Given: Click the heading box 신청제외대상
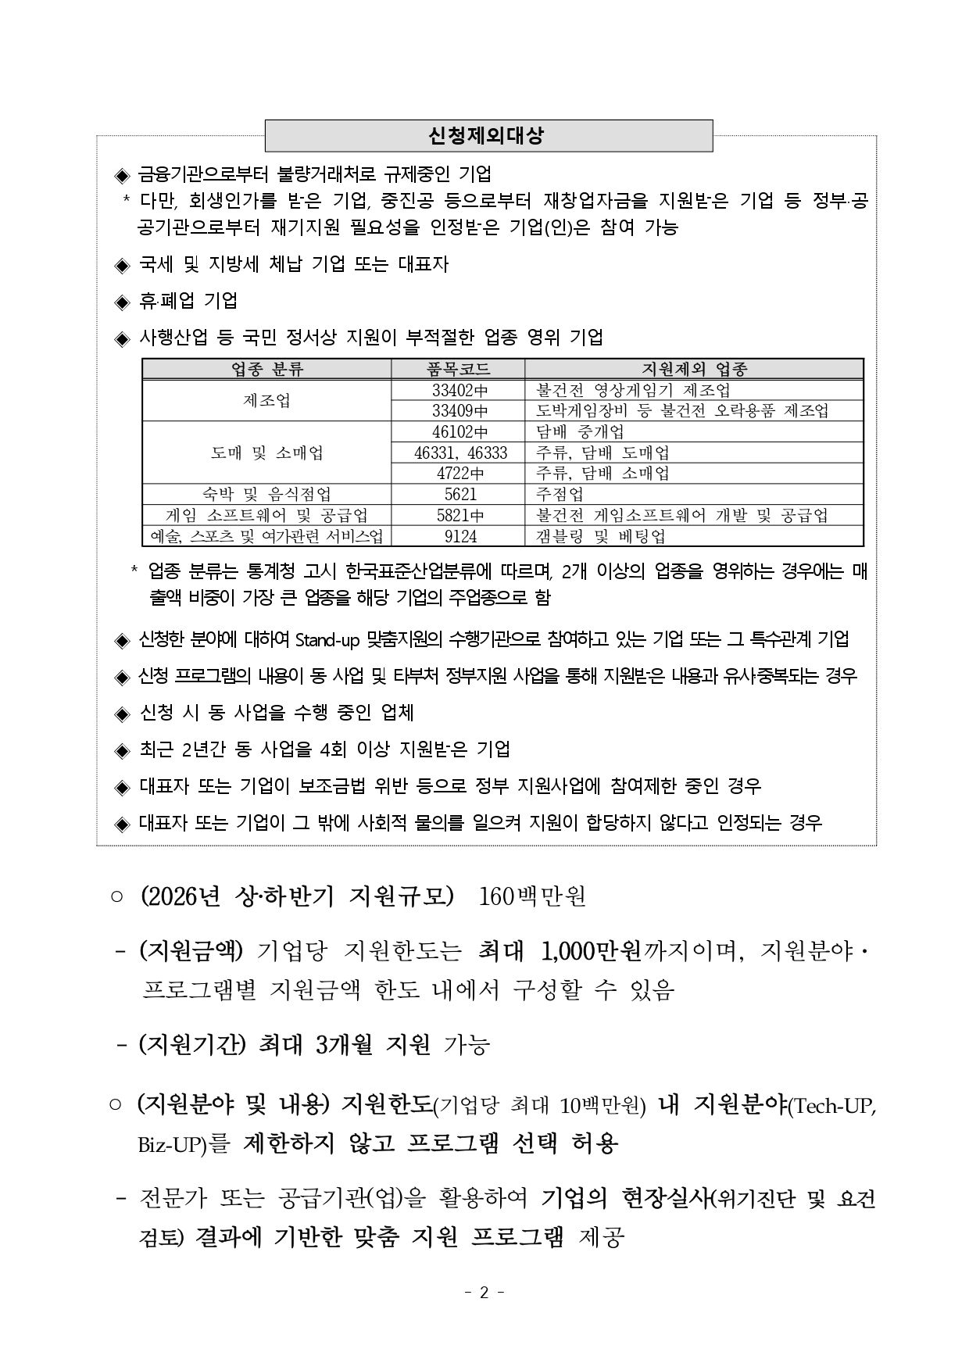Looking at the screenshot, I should click(x=488, y=135).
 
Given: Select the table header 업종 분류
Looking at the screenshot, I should click(x=266, y=369).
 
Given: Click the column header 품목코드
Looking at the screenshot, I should click(x=458, y=369).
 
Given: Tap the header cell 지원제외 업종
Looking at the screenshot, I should click(x=694, y=369).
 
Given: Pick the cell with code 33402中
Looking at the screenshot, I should click(x=458, y=390).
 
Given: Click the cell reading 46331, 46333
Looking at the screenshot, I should click(x=459, y=452).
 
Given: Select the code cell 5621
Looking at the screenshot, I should click(x=459, y=494).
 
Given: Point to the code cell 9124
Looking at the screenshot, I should click(x=459, y=536).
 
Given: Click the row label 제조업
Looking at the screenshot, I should click(x=266, y=400).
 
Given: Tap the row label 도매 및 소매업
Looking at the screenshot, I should click(x=266, y=452).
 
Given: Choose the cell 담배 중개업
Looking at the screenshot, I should click(x=580, y=431).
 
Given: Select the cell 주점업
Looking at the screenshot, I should click(x=560, y=494).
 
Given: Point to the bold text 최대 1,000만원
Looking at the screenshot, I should click(x=559, y=952).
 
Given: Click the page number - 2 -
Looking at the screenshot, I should click(x=484, y=1293).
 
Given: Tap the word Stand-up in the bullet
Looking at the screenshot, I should click(x=327, y=640).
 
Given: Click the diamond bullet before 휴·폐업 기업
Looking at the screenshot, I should click(x=121, y=302).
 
